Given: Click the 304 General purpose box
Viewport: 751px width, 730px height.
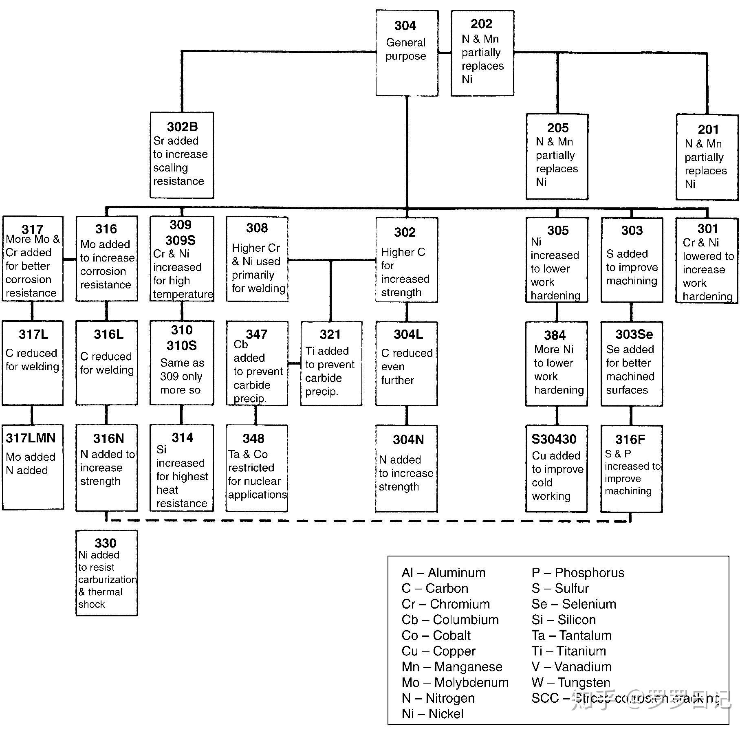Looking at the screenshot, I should coord(406,53).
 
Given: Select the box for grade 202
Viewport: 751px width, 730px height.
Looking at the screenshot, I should coord(482,53).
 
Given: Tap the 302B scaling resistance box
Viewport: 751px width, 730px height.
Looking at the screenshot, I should coord(181,155).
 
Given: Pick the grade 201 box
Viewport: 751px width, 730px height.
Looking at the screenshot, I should coord(707,157).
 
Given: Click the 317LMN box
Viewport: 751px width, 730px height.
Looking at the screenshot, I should coord(33,467).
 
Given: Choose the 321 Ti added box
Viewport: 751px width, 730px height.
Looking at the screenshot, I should coord(331,363).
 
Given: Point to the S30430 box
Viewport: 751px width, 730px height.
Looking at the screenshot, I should coord(556,468).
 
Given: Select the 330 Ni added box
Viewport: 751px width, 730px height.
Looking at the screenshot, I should coord(106,573).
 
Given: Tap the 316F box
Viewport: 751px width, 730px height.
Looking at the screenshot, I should coord(631,468).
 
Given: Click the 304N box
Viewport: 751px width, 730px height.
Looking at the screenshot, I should coord(406,468).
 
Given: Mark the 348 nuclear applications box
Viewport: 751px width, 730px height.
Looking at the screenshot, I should coord(257,468).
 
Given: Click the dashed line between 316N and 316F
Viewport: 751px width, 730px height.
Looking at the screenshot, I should coord(367,521).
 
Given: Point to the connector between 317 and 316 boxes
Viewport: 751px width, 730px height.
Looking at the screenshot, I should coord(69,259).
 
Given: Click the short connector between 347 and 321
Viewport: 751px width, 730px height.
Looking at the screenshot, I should coord(294,363).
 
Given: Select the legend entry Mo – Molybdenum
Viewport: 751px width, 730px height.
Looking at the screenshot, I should coord(455,682).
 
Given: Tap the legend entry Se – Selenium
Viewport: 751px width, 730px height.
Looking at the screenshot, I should coord(573,604).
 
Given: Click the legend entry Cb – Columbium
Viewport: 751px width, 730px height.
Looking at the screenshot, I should coord(450,620).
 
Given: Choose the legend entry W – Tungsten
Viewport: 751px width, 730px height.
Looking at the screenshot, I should coord(570,682).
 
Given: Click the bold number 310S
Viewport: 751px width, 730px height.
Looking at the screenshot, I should coord(181,345).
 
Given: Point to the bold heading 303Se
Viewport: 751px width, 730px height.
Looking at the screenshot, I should coord(634,334).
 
